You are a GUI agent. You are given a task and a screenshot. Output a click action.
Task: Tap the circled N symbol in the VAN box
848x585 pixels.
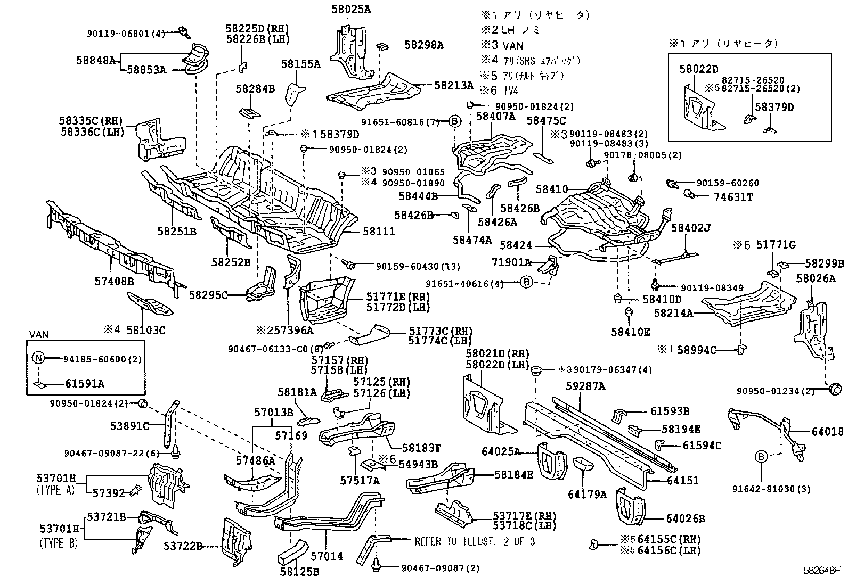tap(38, 358)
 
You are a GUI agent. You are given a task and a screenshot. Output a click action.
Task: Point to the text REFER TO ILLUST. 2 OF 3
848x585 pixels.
tap(475, 541)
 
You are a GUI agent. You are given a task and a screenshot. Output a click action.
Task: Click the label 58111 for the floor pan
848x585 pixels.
tap(379, 232)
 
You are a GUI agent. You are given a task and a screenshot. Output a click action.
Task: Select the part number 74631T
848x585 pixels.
tap(733, 196)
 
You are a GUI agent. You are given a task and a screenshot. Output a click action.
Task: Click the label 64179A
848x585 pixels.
tap(587, 495)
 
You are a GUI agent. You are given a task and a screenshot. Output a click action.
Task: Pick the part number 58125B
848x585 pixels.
tap(299, 572)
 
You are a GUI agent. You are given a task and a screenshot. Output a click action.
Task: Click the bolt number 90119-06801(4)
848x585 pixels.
tap(126, 33)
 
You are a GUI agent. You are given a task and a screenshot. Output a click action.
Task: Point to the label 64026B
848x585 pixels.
tap(686, 518)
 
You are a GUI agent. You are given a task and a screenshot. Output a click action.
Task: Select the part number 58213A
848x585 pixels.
tap(453, 85)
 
